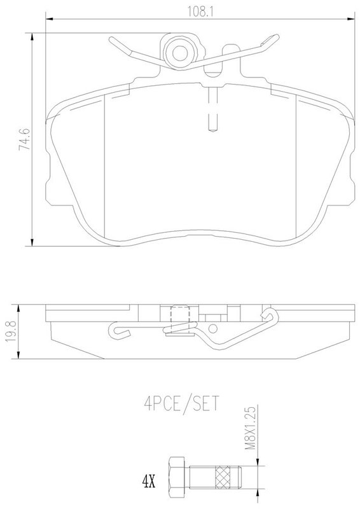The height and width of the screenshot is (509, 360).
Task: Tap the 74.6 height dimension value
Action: (24, 139)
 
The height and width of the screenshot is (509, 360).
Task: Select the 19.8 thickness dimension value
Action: (11, 331)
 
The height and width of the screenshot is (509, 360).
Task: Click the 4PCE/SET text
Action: (182, 403)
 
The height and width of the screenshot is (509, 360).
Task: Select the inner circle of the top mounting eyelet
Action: (179, 53)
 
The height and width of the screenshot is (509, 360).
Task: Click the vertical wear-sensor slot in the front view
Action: (212, 109)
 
